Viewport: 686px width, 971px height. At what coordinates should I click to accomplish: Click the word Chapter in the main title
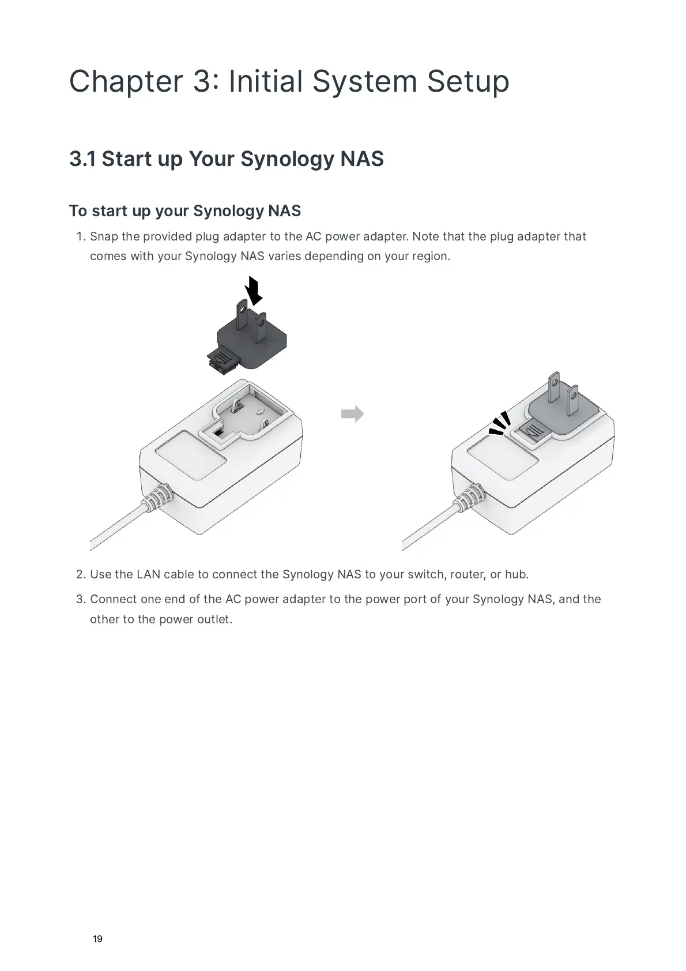pyautogui.click(x=126, y=82)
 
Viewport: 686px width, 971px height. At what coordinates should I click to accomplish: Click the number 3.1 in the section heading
pyautogui.click(x=82, y=159)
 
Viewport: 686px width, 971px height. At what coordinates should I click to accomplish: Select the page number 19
pyautogui.click(x=97, y=939)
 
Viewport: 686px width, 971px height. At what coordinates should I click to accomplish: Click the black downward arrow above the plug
pyautogui.click(x=254, y=291)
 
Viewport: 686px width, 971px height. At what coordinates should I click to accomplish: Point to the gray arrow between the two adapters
pyautogui.click(x=352, y=413)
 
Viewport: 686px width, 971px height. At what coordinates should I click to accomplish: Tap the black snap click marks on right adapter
pyautogui.click(x=500, y=423)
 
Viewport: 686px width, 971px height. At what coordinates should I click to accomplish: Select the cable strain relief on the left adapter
pyautogui.click(x=160, y=497)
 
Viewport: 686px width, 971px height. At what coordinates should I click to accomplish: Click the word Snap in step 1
pyautogui.click(x=104, y=236)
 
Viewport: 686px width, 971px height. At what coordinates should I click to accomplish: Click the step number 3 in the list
pyautogui.click(x=80, y=600)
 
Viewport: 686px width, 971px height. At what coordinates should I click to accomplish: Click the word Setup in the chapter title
pyautogui.click(x=468, y=82)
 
